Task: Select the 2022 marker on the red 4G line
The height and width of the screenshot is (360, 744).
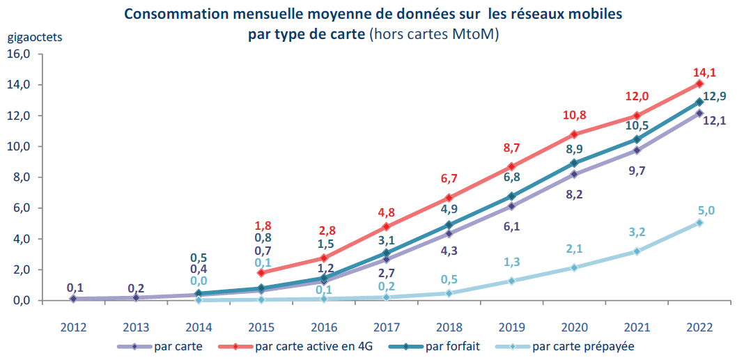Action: pyautogui.click(x=699, y=84)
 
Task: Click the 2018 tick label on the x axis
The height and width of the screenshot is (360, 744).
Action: pyautogui.click(x=451, y=328)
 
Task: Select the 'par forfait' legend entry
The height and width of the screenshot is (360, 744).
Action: pyautogui.click(x=454, y=346)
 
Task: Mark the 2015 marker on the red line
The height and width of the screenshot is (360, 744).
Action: pyautogui.click(x=261, y=272)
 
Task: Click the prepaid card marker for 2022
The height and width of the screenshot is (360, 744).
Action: pyautogui.click(x=699, y=223)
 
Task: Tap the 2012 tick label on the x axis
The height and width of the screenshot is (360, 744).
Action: pyautogui.click(x=73, y=328)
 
